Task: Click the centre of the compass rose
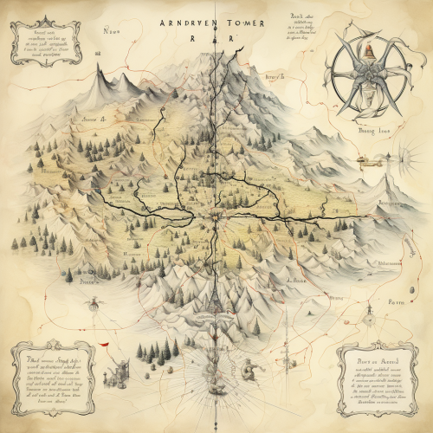[369, 82]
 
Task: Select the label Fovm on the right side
[397, 302]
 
